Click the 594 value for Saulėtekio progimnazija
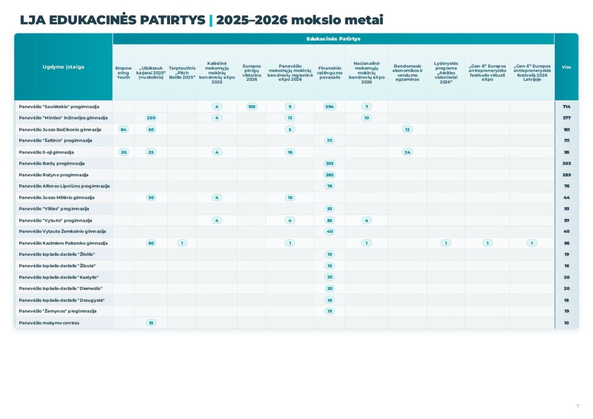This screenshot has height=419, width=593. point(329,107)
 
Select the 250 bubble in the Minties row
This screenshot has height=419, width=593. point(151,118)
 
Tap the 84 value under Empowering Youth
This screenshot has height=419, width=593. point(124,129)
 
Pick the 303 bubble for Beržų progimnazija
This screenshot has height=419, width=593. point(329,164)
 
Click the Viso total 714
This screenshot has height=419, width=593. point(566,107)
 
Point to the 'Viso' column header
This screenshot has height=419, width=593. point(566,67)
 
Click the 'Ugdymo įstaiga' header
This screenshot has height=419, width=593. point(63,67)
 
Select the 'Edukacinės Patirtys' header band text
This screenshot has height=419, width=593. point(333,39)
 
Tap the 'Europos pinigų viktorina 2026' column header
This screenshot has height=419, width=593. point(252,73)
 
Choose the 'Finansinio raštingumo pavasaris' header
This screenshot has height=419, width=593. point(330,73)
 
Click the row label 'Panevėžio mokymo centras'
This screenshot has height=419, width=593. point(49,323)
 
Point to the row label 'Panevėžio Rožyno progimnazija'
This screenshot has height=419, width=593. point(53,175)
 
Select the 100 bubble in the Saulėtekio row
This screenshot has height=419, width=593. point(252,107)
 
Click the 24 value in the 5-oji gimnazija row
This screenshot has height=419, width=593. point(407,152)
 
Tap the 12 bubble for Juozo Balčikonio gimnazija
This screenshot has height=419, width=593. point(407,129)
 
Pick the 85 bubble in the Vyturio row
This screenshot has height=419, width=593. point(329,220)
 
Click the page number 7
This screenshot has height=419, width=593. point(578,406)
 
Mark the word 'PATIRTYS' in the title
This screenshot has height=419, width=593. point(172,20)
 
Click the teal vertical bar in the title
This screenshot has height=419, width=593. point(211,21)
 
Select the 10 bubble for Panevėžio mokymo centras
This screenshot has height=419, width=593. point(151,323)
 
